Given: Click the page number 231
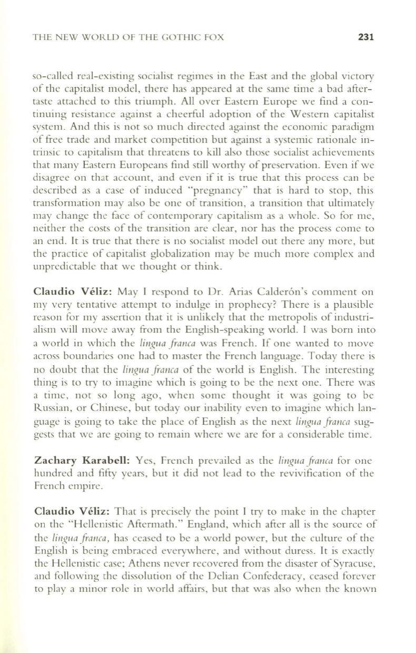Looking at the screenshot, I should point(365,37).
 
